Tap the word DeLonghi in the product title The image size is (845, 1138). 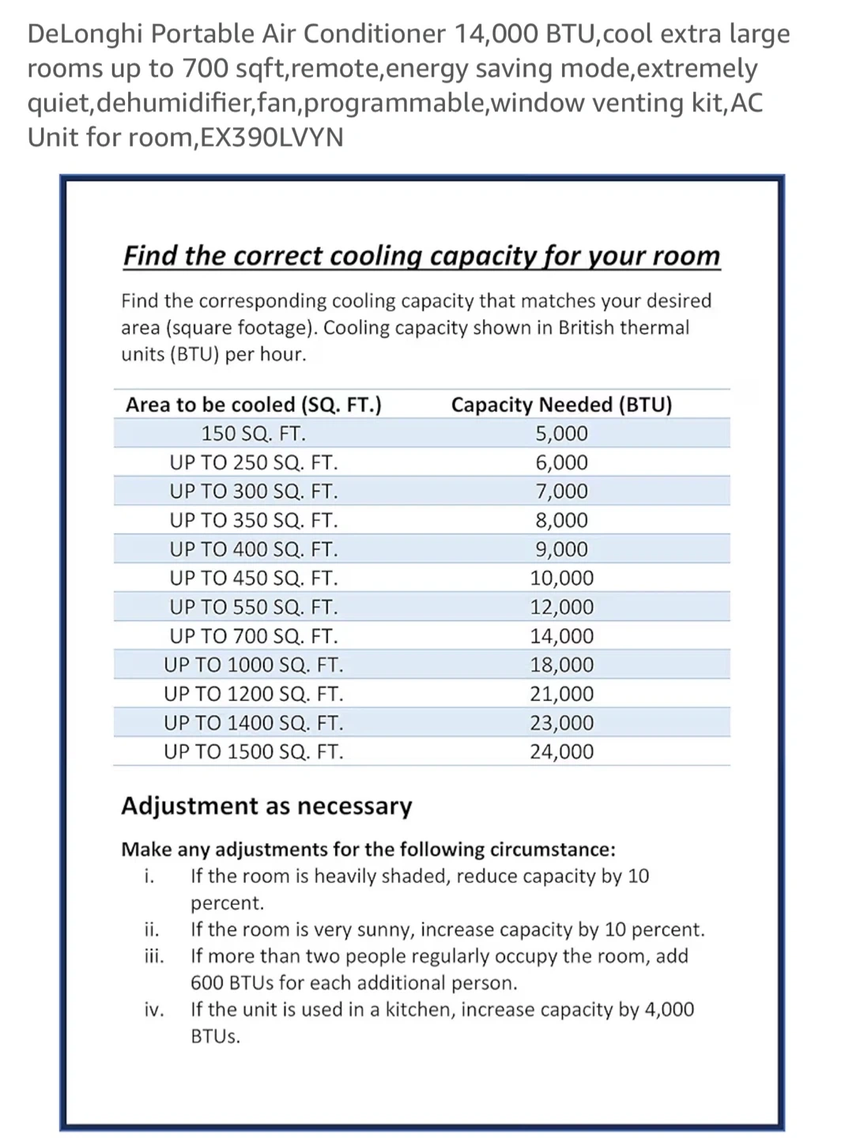pos(85,34)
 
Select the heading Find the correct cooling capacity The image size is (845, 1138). pos(421,255)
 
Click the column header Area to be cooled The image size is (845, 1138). pos(253,405)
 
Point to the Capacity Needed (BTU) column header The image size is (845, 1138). pos(561,405)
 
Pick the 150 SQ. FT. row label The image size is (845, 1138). pos(253,434)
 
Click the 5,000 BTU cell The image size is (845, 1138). pos(561,434)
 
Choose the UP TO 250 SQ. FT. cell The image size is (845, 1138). pos(253,462)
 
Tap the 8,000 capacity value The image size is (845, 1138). pos(561,520)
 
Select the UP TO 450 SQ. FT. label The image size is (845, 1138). pos(253,578)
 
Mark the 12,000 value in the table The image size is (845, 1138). pos(561,607)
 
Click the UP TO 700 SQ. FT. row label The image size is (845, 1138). pos(253,636)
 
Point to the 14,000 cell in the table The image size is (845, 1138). pos(561,636)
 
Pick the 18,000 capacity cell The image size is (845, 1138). pos(561,665)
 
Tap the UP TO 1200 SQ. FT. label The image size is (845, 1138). pos(253,694)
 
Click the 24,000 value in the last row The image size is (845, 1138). pos(561,752)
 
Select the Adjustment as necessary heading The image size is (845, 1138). pos(266,806)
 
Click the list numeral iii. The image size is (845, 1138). pos(154,956)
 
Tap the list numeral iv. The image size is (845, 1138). pos(154,1010)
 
